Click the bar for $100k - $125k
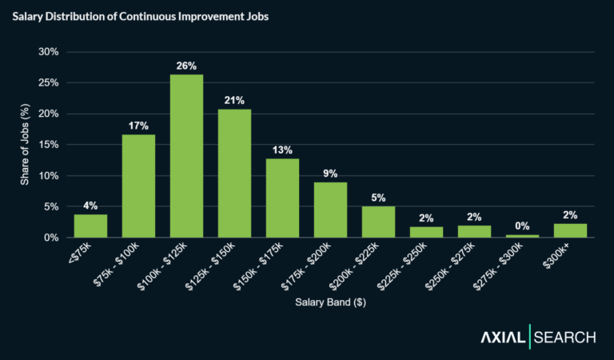(186, 156)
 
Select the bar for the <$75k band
(90, 226)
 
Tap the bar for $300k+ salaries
(570, 230)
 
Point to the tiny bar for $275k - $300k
(522, 236)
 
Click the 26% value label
(186, 65)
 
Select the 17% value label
(138, 125)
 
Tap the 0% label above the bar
(522, 226)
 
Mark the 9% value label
(330, 173)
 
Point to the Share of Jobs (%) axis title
(24, 145)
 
